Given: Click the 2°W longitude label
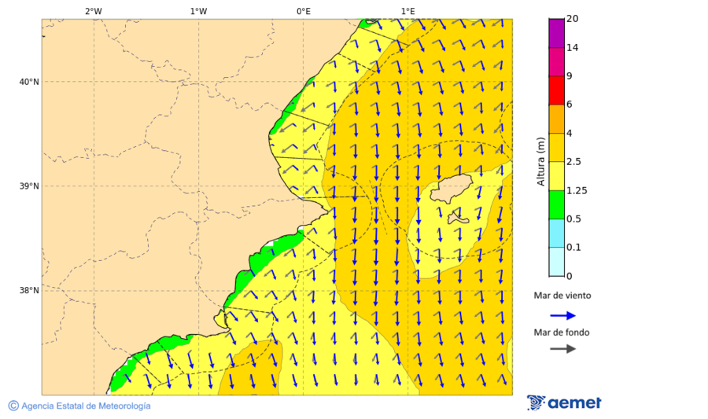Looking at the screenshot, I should (x=93, y=11).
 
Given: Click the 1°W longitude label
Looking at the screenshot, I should (x=198, y=11).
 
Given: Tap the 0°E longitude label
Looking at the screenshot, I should (x=303, y=11).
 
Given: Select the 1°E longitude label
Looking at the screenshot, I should (x=408, y=11).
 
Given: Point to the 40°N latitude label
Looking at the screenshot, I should (x=28, y=82).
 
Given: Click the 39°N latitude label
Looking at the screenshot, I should (x=28, y=186).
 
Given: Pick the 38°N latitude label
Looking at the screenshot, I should (x=28, y=291).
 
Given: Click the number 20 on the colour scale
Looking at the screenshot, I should (x=573, y=19).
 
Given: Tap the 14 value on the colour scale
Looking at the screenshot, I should (x=573, y=47).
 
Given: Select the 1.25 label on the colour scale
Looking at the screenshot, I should (x=577, y=190).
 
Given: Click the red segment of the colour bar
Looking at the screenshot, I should (x=557, y=90).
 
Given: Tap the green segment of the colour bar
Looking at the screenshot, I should (x=557, y=204).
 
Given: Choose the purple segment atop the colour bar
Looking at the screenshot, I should (x=557, y=32).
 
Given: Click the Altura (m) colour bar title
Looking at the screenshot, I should (x=540, y=161).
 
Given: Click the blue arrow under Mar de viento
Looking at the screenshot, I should (x=562, y=315).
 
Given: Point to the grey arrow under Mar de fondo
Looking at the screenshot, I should (x=562, y=349).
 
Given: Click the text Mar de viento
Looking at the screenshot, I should (x=562, y=296).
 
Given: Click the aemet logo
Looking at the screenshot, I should (x=564, y=402).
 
